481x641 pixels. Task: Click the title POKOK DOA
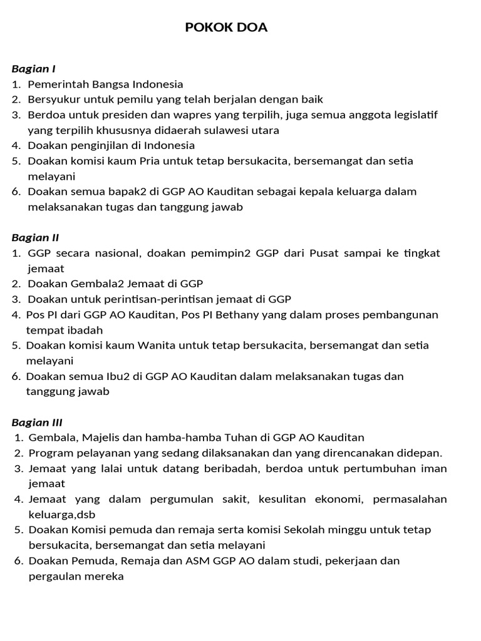pyautogui.click(x=226, y=28)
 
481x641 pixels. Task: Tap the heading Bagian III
pyautogui.click(x=37, y=422)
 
